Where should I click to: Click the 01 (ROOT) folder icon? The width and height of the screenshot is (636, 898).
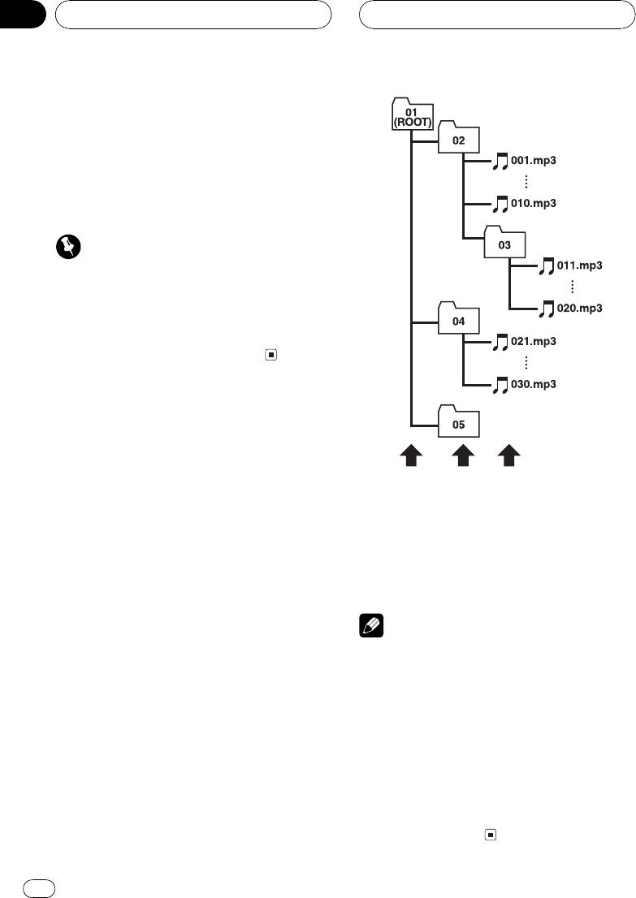[413, 113]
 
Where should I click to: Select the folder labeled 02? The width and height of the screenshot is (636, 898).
[459, 139]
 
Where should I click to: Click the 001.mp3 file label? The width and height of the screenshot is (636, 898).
[533, 161]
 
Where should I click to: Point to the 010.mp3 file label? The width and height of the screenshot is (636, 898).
[533, 201]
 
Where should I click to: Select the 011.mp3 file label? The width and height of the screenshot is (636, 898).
[581, 265]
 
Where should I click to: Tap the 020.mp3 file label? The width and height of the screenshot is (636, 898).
[581, 308]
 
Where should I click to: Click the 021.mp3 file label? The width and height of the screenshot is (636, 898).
[533, 342]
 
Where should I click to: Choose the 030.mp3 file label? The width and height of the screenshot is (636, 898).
[533, 383]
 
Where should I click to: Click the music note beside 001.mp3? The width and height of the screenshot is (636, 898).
[500, 162]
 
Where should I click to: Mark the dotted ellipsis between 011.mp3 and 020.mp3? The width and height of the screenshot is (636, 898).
[573, 287]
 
